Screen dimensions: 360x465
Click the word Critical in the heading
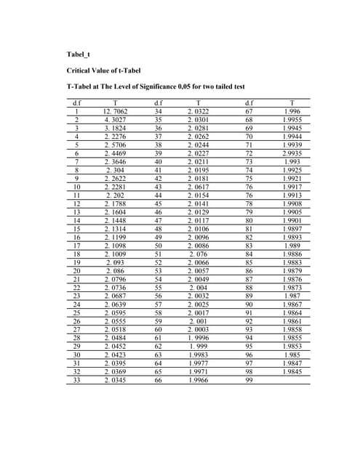[81, 70]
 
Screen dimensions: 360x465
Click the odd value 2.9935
[292, 155]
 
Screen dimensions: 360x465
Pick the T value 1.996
[292, 110]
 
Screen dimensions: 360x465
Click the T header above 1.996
[292, 102]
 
